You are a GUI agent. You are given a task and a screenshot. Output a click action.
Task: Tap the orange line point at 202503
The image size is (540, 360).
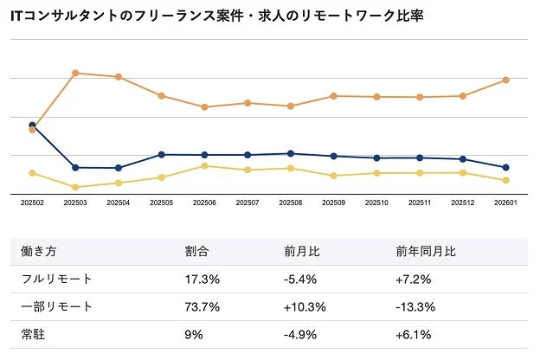coord(75,73)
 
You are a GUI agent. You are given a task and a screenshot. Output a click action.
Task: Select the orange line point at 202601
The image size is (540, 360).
coord(506,80)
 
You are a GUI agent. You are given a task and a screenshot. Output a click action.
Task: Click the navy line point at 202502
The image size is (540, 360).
coord(32,125)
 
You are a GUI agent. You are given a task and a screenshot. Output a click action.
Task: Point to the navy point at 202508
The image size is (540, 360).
coord(291,153)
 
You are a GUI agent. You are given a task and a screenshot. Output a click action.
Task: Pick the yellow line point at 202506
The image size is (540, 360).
coord(204,166)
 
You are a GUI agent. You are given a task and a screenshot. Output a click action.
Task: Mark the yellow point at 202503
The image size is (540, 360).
coord(75,187)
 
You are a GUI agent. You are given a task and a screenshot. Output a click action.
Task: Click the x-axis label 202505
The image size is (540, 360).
coord(161,204)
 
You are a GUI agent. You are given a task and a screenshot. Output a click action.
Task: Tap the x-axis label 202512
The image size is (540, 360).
coord(463,204)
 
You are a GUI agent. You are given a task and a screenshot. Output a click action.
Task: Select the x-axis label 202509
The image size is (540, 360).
coord(334,204)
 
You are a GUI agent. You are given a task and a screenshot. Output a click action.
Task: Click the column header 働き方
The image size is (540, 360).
coord(39,252)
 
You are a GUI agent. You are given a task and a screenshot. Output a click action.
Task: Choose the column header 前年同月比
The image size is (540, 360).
coord(426,252)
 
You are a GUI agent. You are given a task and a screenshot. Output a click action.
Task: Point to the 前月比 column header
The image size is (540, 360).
coord(302,252)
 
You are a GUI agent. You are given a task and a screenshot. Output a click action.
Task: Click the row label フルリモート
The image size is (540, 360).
coord(56,280)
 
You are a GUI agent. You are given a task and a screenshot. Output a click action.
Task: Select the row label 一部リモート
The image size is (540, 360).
coord(56,307)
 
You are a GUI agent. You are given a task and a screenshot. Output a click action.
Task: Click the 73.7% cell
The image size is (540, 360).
coord(202,307)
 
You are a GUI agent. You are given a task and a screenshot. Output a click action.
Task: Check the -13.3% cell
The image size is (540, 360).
coord(415,307)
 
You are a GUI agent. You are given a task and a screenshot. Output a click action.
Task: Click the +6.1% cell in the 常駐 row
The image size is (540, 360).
coord(413,335)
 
